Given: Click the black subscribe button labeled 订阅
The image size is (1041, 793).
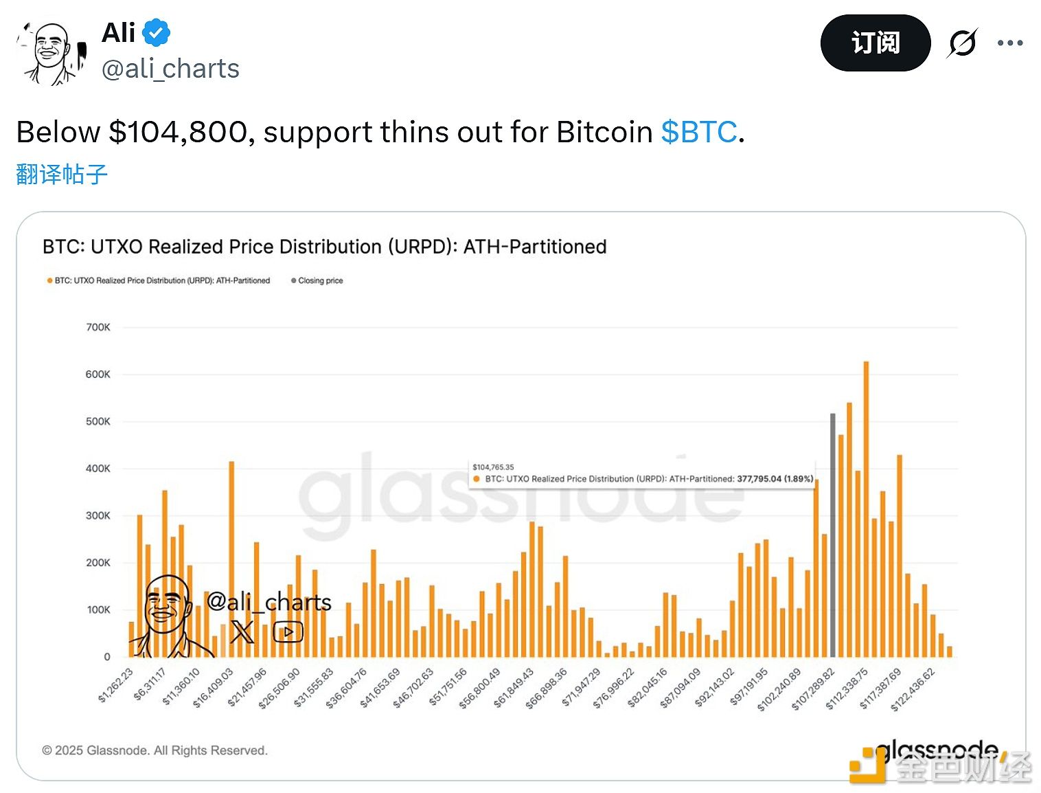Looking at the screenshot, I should coord(875,43).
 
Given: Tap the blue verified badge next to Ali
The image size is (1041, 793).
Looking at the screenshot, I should coord(157,32).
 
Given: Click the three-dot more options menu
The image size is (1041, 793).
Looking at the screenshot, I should coord(1009,43).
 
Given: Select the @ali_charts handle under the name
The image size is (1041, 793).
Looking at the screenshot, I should coord(170,69).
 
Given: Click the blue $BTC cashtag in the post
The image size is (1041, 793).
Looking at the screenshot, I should coord(698,132).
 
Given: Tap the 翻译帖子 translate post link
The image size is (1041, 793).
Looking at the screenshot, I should coord(62,174).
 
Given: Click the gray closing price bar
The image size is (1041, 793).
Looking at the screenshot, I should coord(832,536).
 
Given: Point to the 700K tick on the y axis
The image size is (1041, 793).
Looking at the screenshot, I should coord(98,328).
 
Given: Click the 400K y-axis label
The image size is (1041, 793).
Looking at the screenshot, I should coord(98,469).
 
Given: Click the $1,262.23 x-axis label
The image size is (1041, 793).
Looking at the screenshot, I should coord(116,686).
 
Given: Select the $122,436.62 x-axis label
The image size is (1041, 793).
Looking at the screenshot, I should coord(913,689).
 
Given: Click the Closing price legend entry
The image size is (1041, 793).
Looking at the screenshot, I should coord(317,280).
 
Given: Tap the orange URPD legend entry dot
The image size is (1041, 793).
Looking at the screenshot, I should coord(49,280).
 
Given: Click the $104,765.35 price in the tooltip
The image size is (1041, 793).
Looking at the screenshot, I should coord(493,467).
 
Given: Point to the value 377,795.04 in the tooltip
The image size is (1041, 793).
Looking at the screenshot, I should coord(759,479).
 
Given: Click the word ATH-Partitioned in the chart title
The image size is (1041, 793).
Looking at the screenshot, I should coord(535,247).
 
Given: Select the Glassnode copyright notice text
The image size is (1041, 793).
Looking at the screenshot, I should coord(155,750).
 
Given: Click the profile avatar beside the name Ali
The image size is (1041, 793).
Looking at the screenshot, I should coord(52,52).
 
